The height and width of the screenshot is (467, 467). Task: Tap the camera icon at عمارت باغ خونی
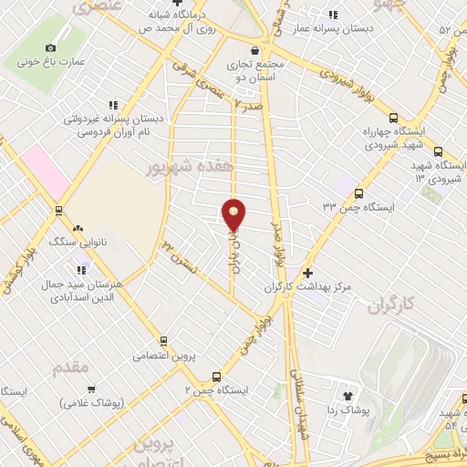50,47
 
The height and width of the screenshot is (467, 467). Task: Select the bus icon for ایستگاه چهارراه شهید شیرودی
393,118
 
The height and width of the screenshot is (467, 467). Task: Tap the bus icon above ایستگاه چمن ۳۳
358,193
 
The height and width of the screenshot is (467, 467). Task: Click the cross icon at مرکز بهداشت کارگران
307,273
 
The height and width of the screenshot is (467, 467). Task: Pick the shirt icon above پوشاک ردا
348,396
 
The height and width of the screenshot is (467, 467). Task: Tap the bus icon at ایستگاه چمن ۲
216,376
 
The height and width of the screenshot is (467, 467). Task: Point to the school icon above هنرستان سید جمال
84,269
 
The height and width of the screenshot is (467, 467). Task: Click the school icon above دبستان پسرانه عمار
333,15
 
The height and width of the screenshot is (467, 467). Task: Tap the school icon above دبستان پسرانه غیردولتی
113,105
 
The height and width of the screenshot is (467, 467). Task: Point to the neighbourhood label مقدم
70,368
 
